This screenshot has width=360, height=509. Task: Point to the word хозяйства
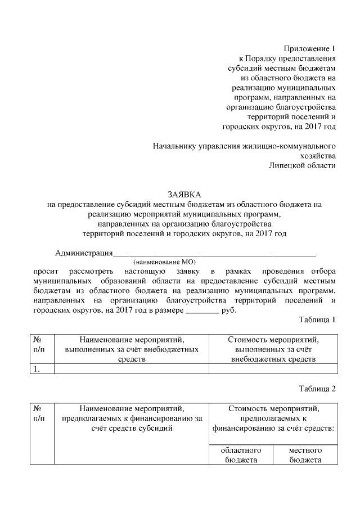coord(318,155)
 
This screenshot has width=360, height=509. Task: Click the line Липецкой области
coord(302,165)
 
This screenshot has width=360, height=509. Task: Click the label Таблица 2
coord(317,389)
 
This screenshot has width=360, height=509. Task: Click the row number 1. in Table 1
coord(37,369)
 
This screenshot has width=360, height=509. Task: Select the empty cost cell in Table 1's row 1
coord(273,369)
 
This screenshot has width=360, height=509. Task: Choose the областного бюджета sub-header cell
coord(241,455)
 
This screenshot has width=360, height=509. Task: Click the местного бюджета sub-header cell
coord(305,455)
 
